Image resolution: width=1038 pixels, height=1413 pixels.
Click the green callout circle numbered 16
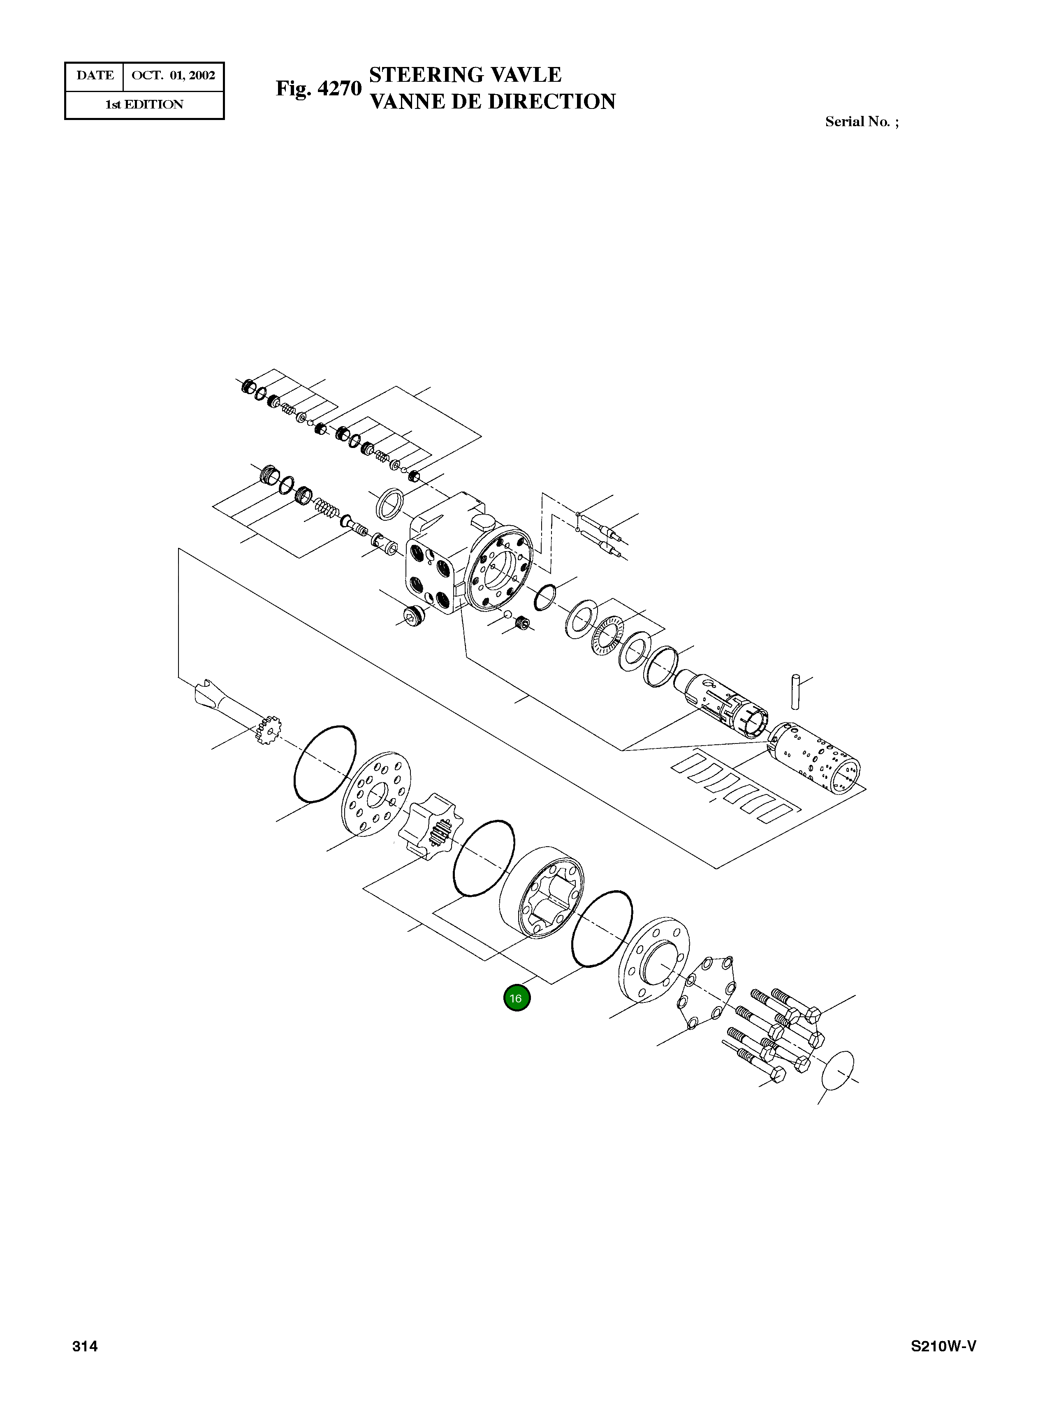pyautogui.click(x=517, y=998)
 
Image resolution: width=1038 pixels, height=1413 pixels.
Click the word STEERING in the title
pyautogui.click(x=425, y=75)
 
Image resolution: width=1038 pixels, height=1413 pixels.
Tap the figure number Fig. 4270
pyautogui.click(x=319, y=88)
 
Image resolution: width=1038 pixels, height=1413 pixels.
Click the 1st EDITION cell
pyautogui.click(x=144, y=105)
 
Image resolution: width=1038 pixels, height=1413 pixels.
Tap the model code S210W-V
pyautogui.click(x=943, y=1346)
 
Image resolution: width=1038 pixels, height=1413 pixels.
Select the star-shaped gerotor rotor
pyautogui.click(x=432, y=827)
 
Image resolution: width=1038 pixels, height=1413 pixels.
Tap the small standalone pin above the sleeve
pyautogui.click(x=795, y=691)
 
